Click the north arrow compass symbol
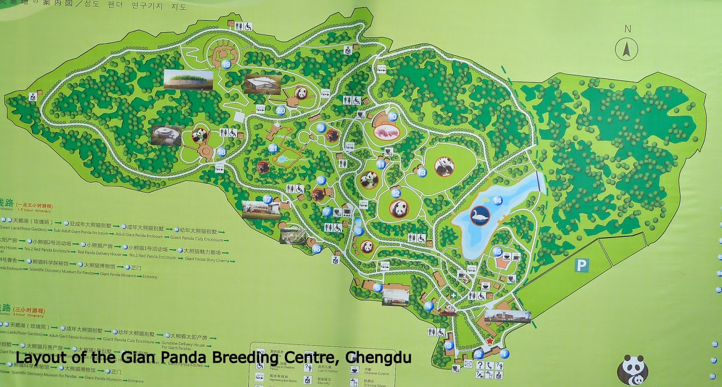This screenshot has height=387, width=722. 627,48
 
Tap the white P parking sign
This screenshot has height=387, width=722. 583,265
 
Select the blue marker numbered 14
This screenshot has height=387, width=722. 497,200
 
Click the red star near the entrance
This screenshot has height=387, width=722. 490,341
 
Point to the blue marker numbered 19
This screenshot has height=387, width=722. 227,65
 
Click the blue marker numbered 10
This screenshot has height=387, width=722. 392,117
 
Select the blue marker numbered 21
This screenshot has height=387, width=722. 273,148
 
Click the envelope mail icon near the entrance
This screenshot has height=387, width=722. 467,364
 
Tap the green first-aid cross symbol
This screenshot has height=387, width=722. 453,295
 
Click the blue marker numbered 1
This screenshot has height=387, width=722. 504,354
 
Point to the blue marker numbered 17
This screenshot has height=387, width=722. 268,199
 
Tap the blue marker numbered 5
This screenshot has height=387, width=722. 377,288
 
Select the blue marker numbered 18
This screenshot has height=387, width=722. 222,152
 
